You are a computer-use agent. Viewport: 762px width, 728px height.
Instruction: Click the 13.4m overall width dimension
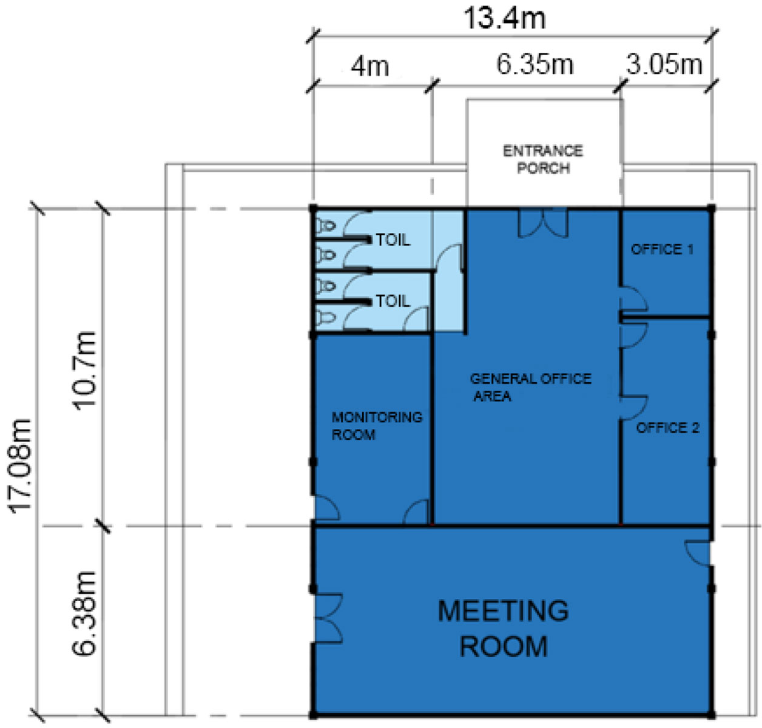coord(504,18)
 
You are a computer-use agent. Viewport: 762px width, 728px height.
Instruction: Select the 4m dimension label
coord(370,67)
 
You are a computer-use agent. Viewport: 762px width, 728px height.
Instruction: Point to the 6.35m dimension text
coord(535,65)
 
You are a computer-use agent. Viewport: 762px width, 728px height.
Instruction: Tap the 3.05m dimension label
coord(664,65)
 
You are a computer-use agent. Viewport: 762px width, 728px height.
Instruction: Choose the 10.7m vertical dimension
coord(84,371)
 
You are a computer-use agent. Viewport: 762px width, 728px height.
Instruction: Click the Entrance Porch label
coord(543,160)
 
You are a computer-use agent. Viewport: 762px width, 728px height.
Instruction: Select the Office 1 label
coord(662,249)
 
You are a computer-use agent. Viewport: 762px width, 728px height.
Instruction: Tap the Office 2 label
coord(667,428)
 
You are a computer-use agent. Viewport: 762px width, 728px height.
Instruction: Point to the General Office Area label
coord(531,387)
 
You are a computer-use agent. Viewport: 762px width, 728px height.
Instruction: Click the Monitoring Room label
coord(377,426)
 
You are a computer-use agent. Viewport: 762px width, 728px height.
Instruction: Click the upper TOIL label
coord(393,240)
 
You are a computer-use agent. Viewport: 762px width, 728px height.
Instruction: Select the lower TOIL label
coord(393,301)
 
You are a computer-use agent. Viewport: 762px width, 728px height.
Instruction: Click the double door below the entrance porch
coord(543,223)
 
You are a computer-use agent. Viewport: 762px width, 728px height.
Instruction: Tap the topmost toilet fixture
coord(326,226)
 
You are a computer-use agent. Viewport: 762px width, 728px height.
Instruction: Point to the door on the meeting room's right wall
coord(698,553)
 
